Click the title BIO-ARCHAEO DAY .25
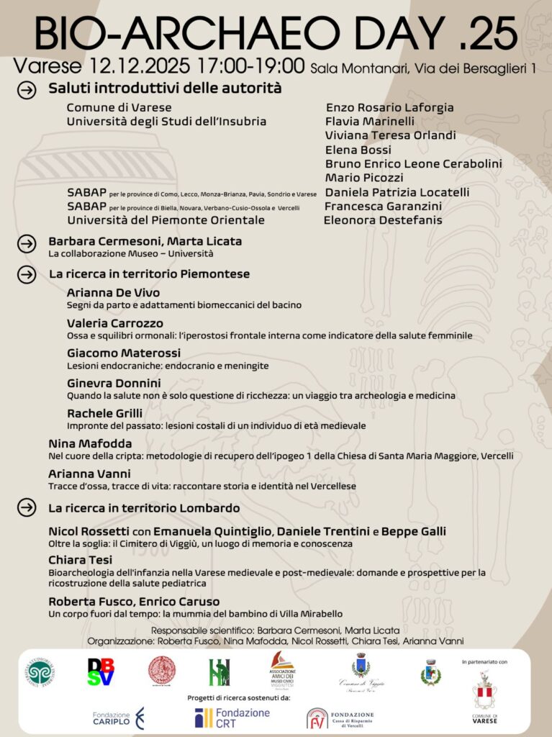pyautogui.click(x=276, y=32)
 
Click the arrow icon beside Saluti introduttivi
pyautogui.click(x=27, y=91)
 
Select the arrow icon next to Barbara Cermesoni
pyautogui.click(x=27, y=244)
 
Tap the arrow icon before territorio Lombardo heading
pyautogui.click(x=27, y=508)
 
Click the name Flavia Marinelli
pyautogui.click(x=369, y=122)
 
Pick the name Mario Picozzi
pyautogui.click(x=363, y=178)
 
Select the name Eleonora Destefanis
pyautogui.click(x=383, y=220)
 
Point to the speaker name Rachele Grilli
pyautogui.click(x=104, y=413)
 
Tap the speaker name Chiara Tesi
pyautogui.click(x=80, y=560)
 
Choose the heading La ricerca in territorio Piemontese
pyautogui.click(x=149, y=274)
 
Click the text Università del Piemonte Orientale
pyautogui.click(x=166, y=220)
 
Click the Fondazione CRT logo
pyautogui.click(x=232, y=717)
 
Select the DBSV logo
pyautogui.click(x=101, y=672)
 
